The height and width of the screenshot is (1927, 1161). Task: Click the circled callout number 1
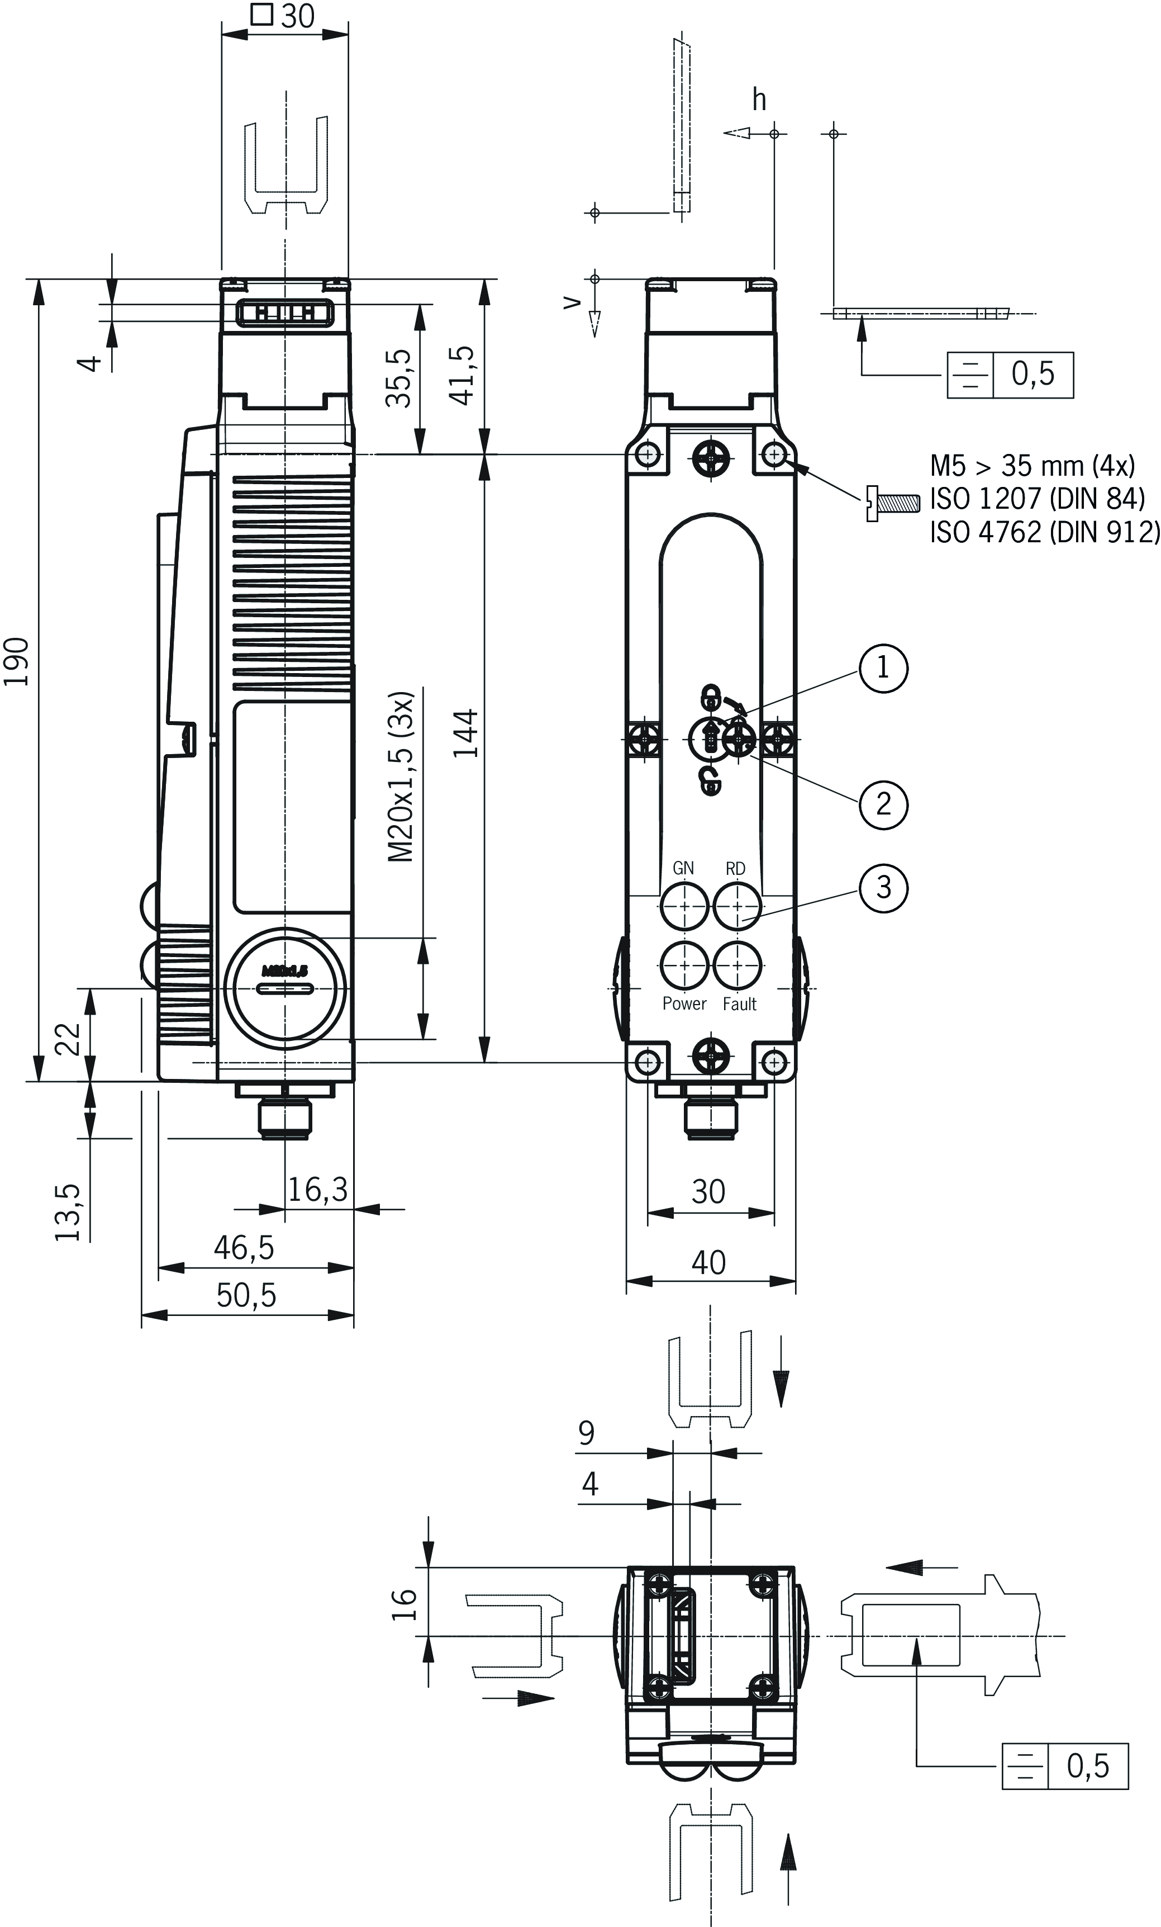point(883,668)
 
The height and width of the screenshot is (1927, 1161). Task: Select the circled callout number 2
point(883,803)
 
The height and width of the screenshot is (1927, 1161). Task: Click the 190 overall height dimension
point(17,662)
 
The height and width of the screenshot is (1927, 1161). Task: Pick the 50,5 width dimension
point(246,1296)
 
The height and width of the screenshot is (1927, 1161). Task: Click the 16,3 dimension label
point(317,1190)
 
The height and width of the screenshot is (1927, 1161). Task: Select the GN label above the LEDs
point(683,868)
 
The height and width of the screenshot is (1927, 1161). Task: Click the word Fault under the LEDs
point(739,1004)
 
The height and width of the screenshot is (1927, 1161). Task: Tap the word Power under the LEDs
point(684,1004)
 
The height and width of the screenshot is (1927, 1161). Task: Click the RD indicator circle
point(738,906)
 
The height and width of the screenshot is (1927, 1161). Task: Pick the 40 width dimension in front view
point(708,1263)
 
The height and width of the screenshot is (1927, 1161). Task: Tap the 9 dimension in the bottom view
point(586,1433)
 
